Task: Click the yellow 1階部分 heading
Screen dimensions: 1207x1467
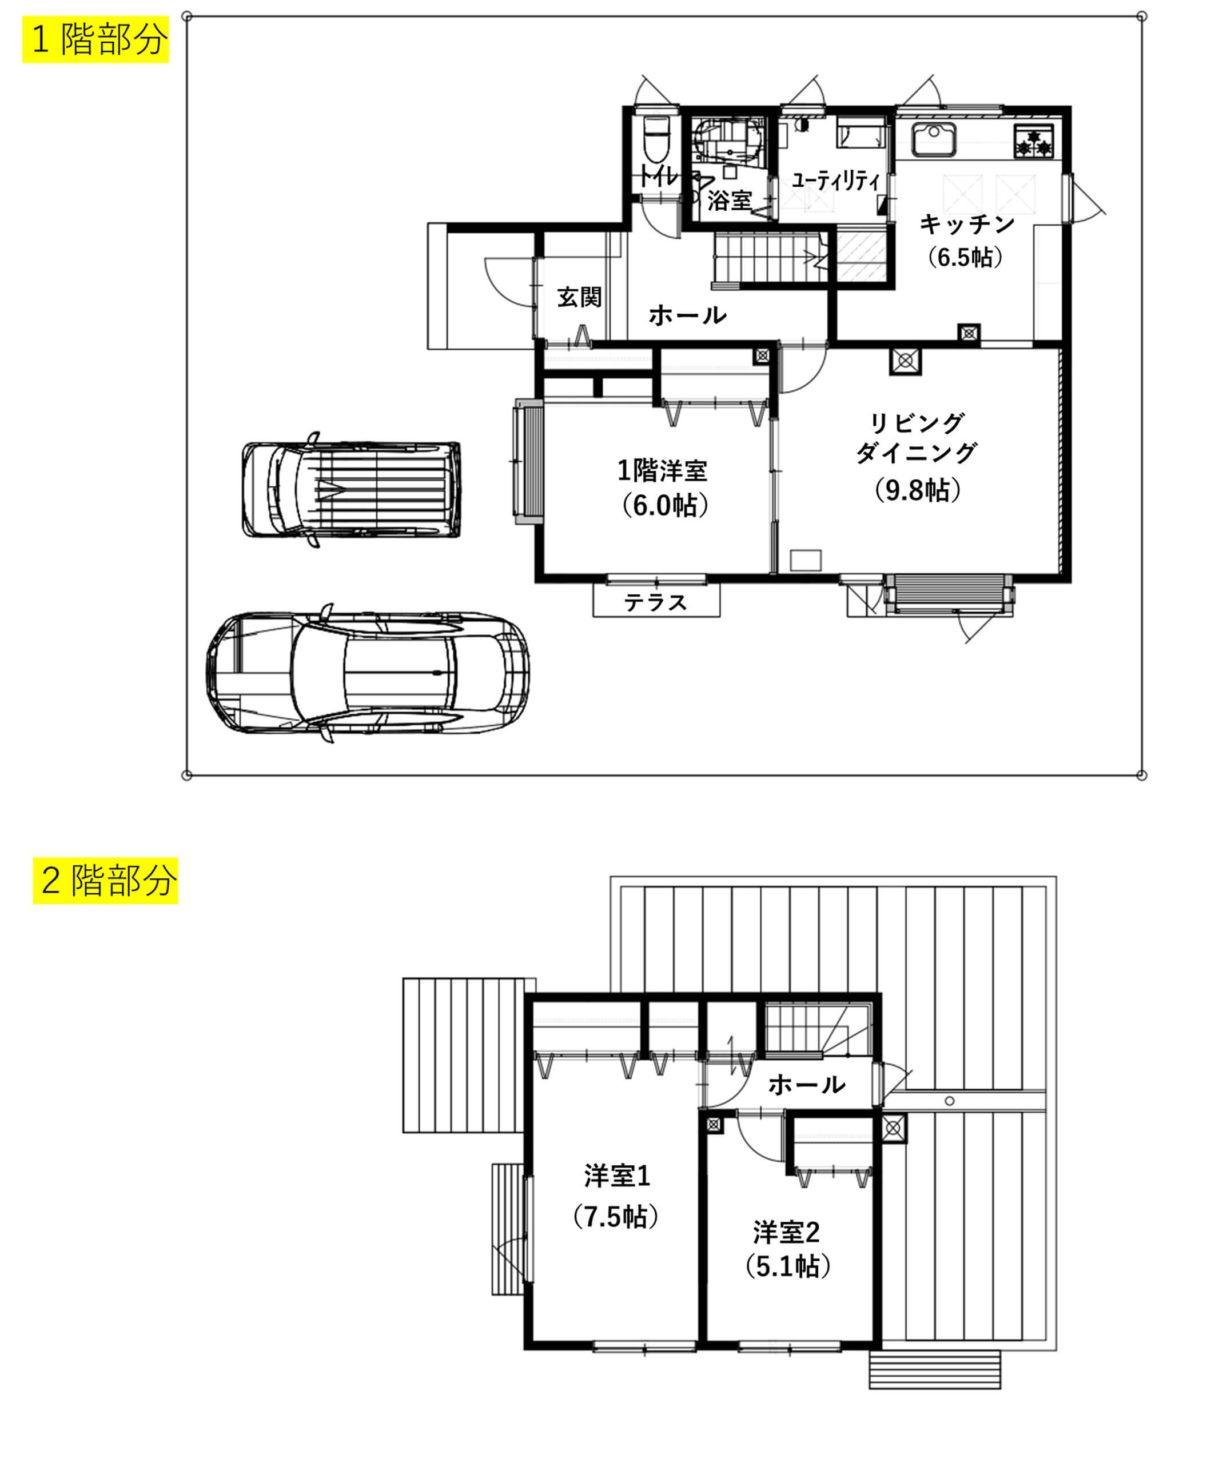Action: coord(96,39)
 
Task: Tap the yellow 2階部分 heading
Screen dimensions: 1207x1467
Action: coord(106,881)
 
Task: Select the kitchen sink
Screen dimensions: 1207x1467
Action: coord(934,139)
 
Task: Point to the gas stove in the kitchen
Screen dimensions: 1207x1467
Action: coord(1034,141)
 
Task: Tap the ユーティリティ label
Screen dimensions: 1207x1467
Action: coord(836,181)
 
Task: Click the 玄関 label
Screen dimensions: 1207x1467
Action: coord(579,297)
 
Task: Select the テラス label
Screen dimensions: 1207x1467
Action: coord(656,602)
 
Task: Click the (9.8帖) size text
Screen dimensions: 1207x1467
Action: coord(917,490)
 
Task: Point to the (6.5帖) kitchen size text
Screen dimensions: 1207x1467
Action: coord(965,257)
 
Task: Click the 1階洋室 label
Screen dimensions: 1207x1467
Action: coord(662,471)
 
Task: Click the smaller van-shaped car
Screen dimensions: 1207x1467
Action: coord(351,489)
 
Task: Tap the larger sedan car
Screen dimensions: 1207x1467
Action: coord(368,672)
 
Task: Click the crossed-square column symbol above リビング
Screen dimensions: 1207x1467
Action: coord(905,361)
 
